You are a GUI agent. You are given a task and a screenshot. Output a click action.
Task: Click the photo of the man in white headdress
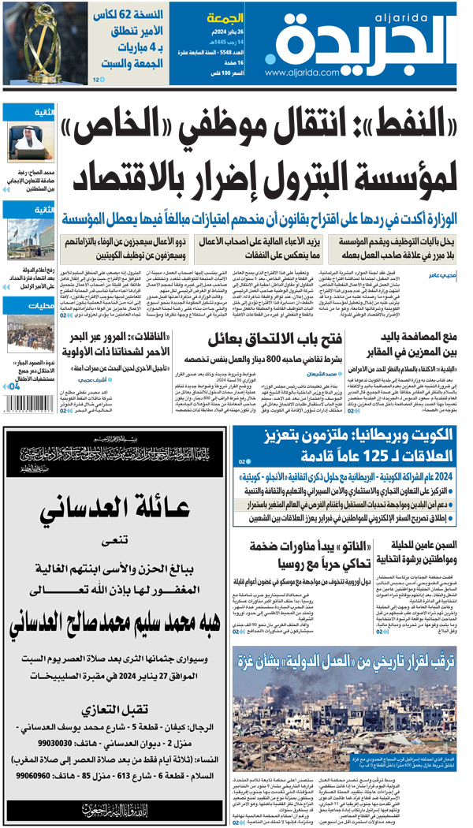click(31, 142)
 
